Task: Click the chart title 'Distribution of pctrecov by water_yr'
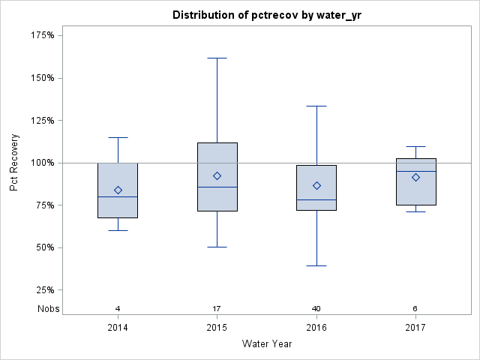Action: tap(266, 15)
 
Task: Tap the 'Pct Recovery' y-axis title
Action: tap(14, 163)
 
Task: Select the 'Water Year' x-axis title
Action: tap(266, 344)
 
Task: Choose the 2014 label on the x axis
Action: tap(118, 328)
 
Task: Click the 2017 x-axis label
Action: tap(415, 328)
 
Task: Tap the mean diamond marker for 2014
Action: tap(118, 190)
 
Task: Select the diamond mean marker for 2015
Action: tap(217, 175)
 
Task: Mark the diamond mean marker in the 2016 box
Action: tap(316, 185)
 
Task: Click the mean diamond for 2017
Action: tap(415, 177)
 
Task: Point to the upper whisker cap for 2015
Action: tap(217, 58)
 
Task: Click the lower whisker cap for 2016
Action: tap(316, 265)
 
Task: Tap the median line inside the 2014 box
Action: tap(118, 196)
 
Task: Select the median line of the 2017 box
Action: tap(415, 171)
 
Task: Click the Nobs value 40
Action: tap(316, 308)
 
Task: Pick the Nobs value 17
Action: tap(217, 308)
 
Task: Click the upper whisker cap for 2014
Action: tap(118, 137)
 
